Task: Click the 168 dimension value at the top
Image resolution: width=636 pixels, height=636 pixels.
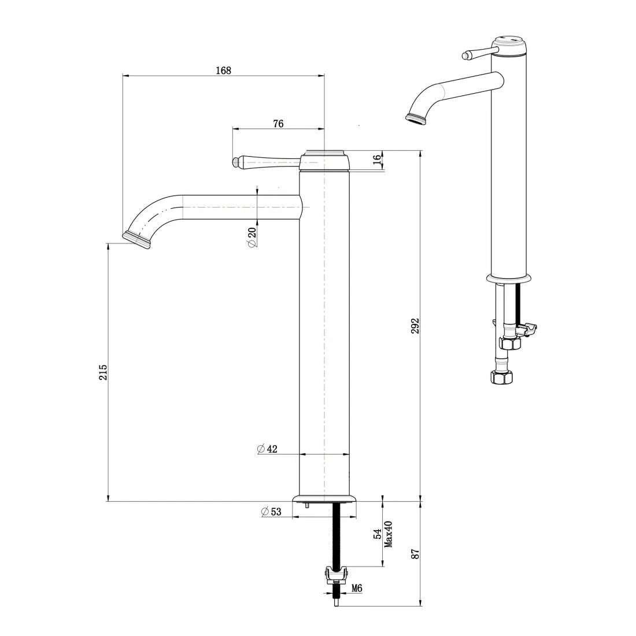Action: pyautogui.click(x=223, y=71)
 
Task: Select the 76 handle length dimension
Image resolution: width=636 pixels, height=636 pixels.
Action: pyautogui.click(x=278, y=124)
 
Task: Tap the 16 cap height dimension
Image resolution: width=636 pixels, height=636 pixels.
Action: pyautogui.click(x=378, y=160)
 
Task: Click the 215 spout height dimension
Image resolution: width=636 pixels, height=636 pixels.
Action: pyautogui.click(x=103, y=371)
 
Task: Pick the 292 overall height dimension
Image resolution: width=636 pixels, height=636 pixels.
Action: pyautogui.click(x=415, y=326)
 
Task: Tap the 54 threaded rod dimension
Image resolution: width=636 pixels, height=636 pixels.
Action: pyautogui.click(x=377, y=534)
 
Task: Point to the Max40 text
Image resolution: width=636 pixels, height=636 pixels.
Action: pyautogui.click(x=389, y=534)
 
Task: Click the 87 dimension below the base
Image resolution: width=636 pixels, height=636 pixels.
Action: pyautogui.click(x=415, y=553)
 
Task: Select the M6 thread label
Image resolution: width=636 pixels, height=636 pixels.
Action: pyautogui.click(x=357, y=589)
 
